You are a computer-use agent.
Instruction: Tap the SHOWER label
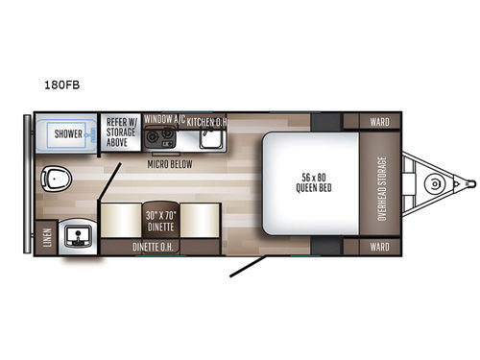coord(68,133)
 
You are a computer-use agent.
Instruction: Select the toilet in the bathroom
coord(60,178)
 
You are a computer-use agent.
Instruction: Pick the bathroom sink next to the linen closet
coord(74,234)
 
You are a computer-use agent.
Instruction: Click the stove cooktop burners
coord(159,134)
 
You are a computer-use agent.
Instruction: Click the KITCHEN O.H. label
coord(206,122)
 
